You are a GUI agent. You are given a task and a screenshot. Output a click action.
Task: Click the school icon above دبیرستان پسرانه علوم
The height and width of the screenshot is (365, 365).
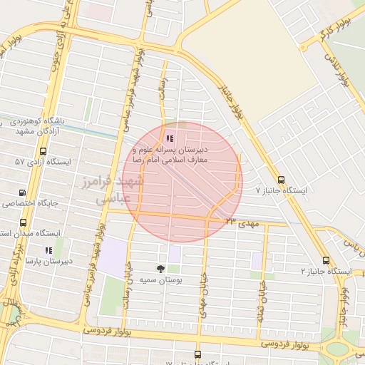(x=169, y=138)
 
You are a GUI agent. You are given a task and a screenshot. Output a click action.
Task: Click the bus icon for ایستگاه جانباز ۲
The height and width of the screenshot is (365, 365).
(x=326, y=261)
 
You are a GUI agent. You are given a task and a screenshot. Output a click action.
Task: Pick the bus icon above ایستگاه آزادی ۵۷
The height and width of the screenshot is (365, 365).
(x=43, y=151)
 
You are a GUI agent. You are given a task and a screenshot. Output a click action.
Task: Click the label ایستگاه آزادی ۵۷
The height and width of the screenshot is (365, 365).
(x=43, y=163)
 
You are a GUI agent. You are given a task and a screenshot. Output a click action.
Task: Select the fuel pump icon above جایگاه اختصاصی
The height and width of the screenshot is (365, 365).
(x=22, y=192)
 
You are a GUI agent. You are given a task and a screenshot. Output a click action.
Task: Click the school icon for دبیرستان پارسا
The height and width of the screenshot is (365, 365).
(x=48, y=251)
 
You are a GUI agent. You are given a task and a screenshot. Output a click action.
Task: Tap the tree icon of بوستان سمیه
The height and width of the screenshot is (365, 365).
(x=160, y=269)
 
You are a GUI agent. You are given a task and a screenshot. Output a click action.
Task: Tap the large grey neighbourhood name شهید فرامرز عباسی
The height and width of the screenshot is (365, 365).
(x=118, y=190)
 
